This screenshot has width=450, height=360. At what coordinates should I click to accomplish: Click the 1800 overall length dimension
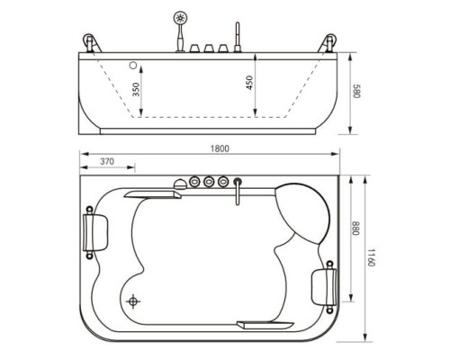[x=220, y=148]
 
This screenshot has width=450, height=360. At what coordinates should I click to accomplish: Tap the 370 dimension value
[x=107, y=161]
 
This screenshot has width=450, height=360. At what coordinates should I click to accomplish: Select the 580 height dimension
[x=356, y=91]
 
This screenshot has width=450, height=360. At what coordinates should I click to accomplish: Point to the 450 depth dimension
[x=249, y=83]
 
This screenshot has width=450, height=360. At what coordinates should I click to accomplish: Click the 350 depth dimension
[x=136, y=89]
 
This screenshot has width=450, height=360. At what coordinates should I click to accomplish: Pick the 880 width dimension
[x=355, y=229]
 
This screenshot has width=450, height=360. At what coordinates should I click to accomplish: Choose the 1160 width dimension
[x=371, y=257]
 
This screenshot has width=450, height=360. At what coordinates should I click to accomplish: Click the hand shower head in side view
[x=180, y=18]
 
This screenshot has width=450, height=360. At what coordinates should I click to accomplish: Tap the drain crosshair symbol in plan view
[x=132, y=301]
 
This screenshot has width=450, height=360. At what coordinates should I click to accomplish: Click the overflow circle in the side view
[x=133, y=65]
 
